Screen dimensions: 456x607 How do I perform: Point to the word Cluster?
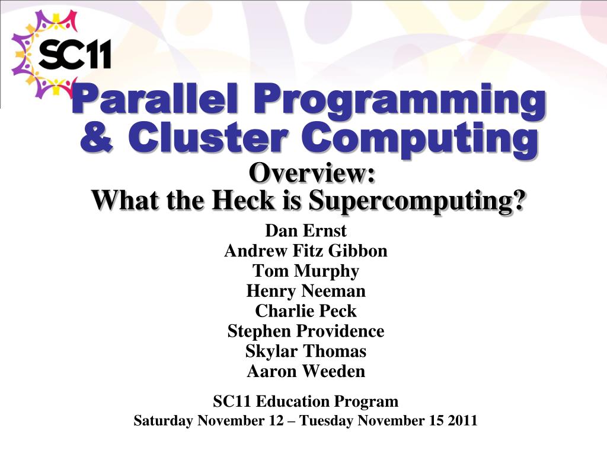pyautogui.click(x=202, y=138)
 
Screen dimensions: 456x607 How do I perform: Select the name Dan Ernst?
pyautogui.click(x=306, y=230)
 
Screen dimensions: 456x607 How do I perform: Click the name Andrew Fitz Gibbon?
pyautogui.click(x=306, y=251)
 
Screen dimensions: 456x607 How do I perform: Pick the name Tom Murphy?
pyautogui.click(x=306, y=271)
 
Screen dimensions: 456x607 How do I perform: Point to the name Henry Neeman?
pyautogui.click(x=306, y=292)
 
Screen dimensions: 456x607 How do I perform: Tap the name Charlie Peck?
pyautogui.click(x=306, y=311)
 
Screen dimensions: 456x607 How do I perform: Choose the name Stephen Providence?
pyautogui.click(x=306, y=331)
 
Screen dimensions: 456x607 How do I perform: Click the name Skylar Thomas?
pyautogui.click(x=306, y=351)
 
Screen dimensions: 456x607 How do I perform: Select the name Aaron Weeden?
pyautogui.click(x=306, y=372)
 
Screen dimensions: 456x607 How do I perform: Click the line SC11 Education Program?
pyautogui.click(x=306, y=401)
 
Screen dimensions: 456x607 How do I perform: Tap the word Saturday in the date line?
pyautogui.click(x=163, y=421)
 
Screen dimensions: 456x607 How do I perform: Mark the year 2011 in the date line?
pyautogui.click(x=463, y=421)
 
